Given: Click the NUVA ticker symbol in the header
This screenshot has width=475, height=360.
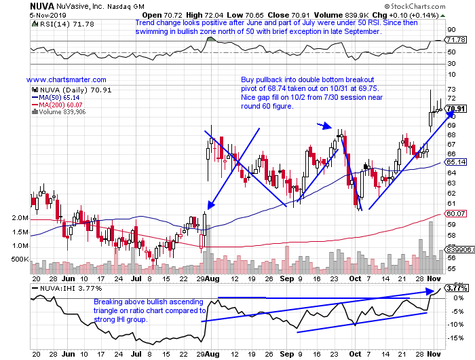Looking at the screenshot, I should pyautogui.click(x=16, y=5).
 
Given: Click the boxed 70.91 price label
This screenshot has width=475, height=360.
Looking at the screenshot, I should pyautogui.click(x=457, y=109).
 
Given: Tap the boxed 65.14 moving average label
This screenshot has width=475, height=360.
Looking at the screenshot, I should pyautogui.click(x=457, y=162).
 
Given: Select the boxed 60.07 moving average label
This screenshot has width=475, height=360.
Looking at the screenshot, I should pyautogui.click(x=457, y=213).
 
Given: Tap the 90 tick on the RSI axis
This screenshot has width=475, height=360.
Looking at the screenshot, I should pyautogui.click(x=450, y=29).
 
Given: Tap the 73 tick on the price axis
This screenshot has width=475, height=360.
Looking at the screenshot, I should pyautogui.click(x=450, y=89).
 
